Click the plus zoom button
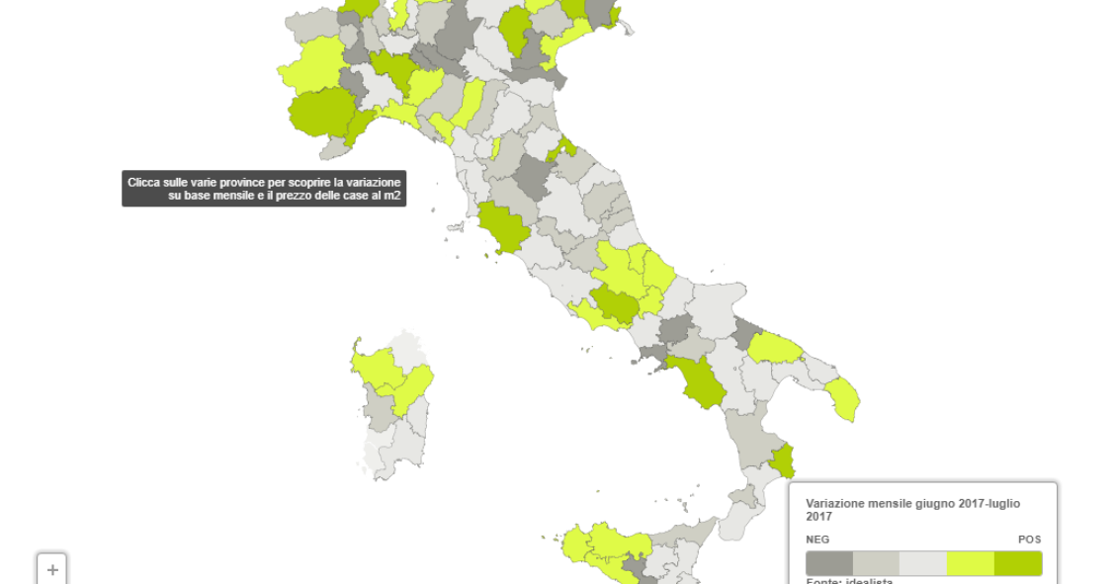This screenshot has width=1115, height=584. [x=52, y=570]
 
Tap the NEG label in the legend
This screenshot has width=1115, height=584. [x=817, y=540]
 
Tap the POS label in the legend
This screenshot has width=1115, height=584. [x=1029, y=540]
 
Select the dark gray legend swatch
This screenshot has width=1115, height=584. [x=828, y=563]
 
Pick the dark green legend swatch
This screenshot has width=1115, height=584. [x=1018, y=563]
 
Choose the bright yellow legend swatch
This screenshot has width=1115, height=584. [x=970, y=563]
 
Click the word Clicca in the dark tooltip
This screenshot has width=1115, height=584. [x=144, y=183]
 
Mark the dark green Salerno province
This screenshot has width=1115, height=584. [x=700, y=384]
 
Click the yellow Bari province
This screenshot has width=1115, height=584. [x=774, y=348]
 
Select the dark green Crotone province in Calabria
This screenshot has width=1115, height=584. [x=783, y=460]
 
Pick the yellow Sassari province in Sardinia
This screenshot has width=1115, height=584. [x=376, y=366]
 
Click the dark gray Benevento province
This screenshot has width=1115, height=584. [x=675, y=329]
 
